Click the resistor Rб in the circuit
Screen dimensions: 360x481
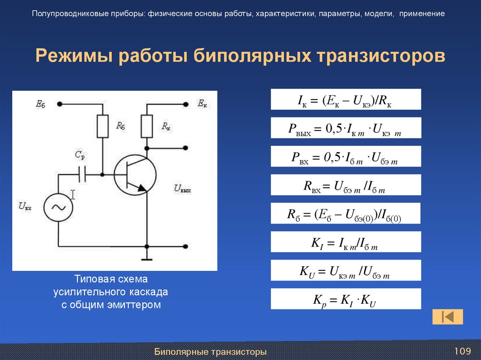click(102, 126)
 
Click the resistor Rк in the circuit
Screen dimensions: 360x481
click(147, 126)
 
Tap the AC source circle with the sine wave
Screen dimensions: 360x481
click(59, 207)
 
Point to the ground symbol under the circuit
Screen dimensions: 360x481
click(147, 258)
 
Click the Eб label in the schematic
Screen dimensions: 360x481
click(40, 104)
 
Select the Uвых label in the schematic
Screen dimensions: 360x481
click(184, 189)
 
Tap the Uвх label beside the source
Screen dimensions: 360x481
click(25, 206)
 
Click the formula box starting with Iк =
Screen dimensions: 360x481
click(346, 100)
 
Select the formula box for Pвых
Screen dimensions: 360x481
click(346, 128)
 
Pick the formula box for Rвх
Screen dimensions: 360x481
click(346, 185)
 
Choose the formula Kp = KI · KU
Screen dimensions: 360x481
click(346, 299)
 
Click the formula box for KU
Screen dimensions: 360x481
click(346, 271)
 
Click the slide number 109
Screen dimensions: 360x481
click(462, 351)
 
